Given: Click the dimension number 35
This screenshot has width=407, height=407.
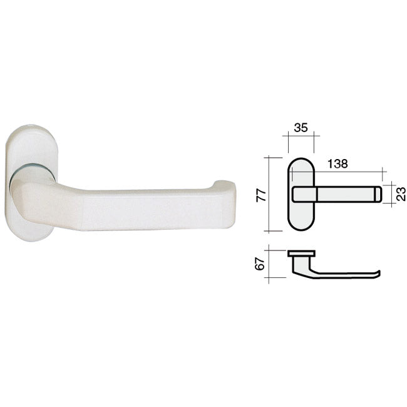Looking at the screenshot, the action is click(x=301, y=128).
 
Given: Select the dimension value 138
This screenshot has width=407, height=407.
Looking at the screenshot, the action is click(x=337, y=164).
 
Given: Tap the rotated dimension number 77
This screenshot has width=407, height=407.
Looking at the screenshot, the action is click(x=261, y=195).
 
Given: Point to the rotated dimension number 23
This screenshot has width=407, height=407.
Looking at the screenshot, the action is click(x=401, y=194).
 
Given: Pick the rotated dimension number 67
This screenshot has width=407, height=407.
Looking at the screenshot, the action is click(x=260, y=264).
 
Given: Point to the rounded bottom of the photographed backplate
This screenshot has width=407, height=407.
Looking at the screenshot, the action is click(x=31, y=236).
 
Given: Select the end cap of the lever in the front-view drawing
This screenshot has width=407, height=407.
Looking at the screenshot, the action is click(x=378, y=194).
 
